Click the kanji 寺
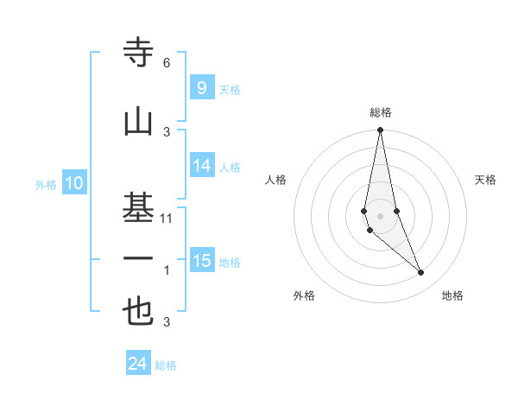point(139,54)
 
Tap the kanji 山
point(139,122)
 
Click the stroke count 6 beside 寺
point(167,62)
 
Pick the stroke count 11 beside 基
point(167,218)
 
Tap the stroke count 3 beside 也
point(167,322)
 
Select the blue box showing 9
point(201,87)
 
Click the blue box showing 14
point(202,166)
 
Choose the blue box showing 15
point(202,261)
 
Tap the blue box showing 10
point(74,183)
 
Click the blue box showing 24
point(138,364)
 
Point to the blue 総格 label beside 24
point(167,365)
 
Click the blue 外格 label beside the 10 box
point(46,184)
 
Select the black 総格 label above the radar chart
point(381,112)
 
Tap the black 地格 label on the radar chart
point(452,295)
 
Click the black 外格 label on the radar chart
point(304,295)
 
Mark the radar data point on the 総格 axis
point(380,130)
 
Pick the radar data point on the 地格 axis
point(421,273)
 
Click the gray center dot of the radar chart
point(380,215)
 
